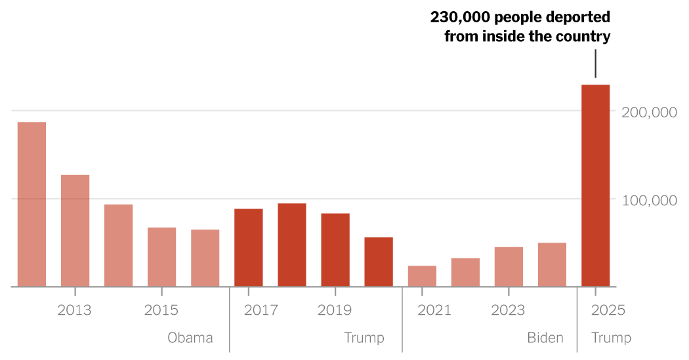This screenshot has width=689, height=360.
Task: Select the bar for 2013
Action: click(x=75, y=231)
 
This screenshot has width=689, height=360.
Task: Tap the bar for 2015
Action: click(x=161, y=257)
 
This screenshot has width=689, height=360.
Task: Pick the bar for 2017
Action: click(x=249, y=247)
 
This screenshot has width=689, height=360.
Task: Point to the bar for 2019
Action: click(x=335, y=250)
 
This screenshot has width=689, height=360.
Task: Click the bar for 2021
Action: click(x=422, y=276)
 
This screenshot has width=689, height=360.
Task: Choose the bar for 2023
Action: click(x=509, y=267)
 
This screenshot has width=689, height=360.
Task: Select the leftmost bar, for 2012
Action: click(x=31, y=204)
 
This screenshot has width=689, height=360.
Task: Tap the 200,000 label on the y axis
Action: click(x=649, y=112)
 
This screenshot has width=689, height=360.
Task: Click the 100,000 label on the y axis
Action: click(x=649, y=200)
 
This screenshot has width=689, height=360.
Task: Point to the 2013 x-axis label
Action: click(x=75, y=310)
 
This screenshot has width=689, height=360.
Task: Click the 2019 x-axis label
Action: click(x=335, y=310)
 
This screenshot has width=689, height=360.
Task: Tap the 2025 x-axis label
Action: click(x=608, y=310)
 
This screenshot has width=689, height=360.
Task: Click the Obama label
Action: click(x=190, y=338)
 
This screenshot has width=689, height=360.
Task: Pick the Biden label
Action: click(x=545, y=338)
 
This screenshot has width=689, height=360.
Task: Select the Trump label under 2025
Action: click(x=611, y=338)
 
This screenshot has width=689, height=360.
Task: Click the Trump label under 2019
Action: click(x=364, y=338)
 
